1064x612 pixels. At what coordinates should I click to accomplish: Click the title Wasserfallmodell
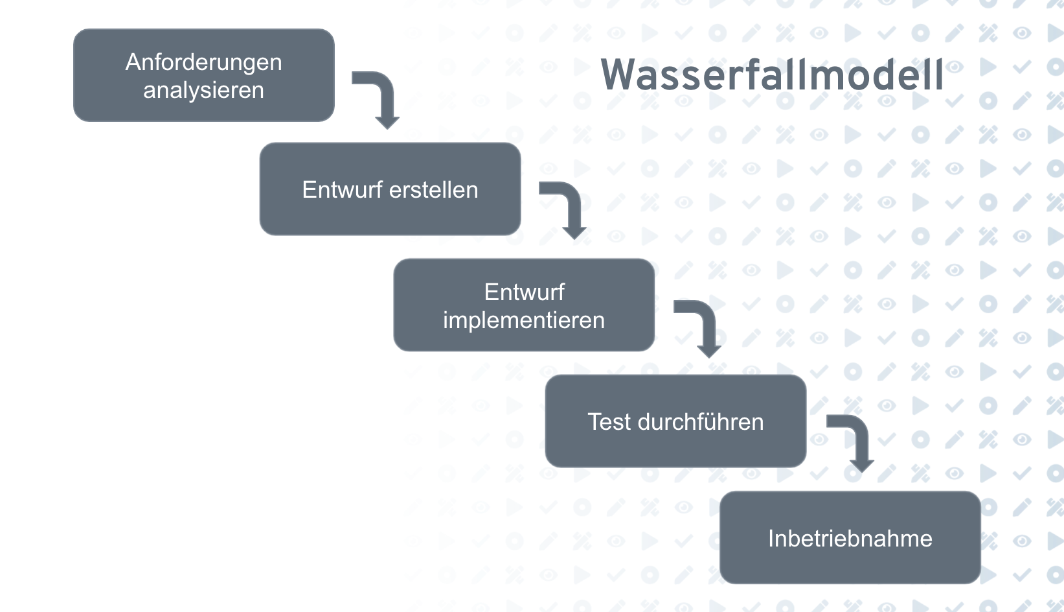tap(772, 75)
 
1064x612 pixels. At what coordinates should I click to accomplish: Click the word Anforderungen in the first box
tap(203, 62)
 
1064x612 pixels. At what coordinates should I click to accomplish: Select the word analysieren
tap(203, 90)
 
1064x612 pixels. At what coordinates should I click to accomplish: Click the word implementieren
tap(523, 320)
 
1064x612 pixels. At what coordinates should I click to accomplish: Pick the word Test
tap(609, 422)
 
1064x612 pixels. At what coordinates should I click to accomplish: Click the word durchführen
tap(701, 422)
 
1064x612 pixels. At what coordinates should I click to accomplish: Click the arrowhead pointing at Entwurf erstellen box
tap(387, 122)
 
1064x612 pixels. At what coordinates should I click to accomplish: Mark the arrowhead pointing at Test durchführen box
tap(709, 351)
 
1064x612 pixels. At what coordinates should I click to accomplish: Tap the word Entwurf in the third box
tap(524, 292)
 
